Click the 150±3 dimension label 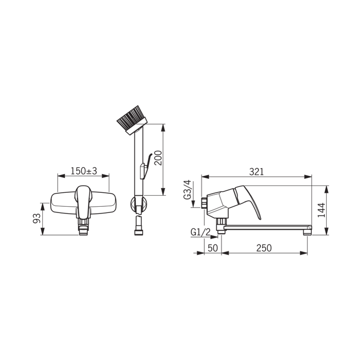click(84, 171)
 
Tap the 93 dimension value click(37, 218)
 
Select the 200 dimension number click(158, 158)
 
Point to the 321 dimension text click(256, 172)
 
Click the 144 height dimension click(321, 210)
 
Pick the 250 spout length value click(264, 248)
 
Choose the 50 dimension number click(213, 248)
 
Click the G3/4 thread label click(187, 190)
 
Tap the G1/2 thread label click(200, 232)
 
